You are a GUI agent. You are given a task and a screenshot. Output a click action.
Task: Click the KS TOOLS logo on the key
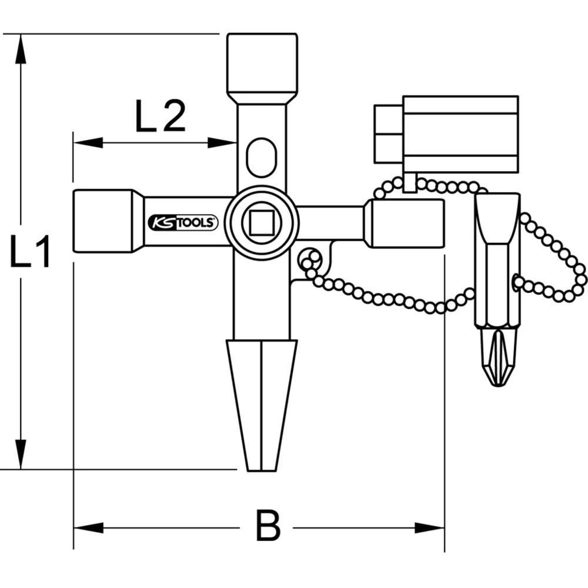coord(182,223)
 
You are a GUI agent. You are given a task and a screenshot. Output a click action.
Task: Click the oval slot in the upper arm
coord(261,157)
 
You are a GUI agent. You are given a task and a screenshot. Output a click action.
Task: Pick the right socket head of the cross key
coord(405,223)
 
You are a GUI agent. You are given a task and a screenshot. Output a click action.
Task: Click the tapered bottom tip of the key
coord(262,406)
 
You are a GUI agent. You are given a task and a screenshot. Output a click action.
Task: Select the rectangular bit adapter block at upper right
coord(460,134)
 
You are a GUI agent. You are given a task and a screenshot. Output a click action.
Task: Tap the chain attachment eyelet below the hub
coord(309,257)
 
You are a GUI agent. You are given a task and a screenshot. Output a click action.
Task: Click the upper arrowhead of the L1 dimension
coord(21,50)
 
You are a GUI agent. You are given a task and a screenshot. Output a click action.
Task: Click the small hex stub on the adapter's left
coord(388,134)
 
